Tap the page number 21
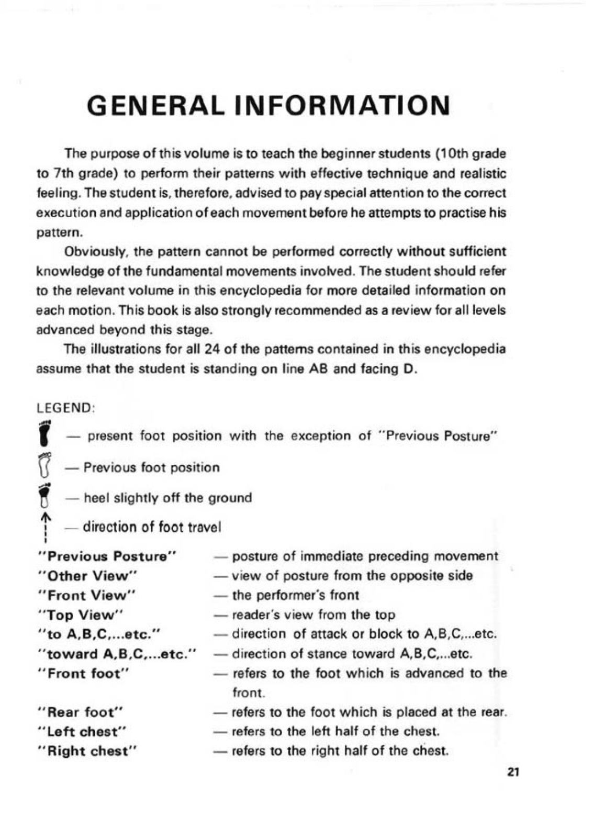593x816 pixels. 513,772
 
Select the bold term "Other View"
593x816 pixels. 87,576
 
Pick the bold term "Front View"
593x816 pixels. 87,595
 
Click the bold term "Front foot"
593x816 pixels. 83,674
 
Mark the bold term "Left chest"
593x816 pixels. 83,732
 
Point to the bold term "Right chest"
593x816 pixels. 87,751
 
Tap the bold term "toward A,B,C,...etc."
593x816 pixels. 118,654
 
